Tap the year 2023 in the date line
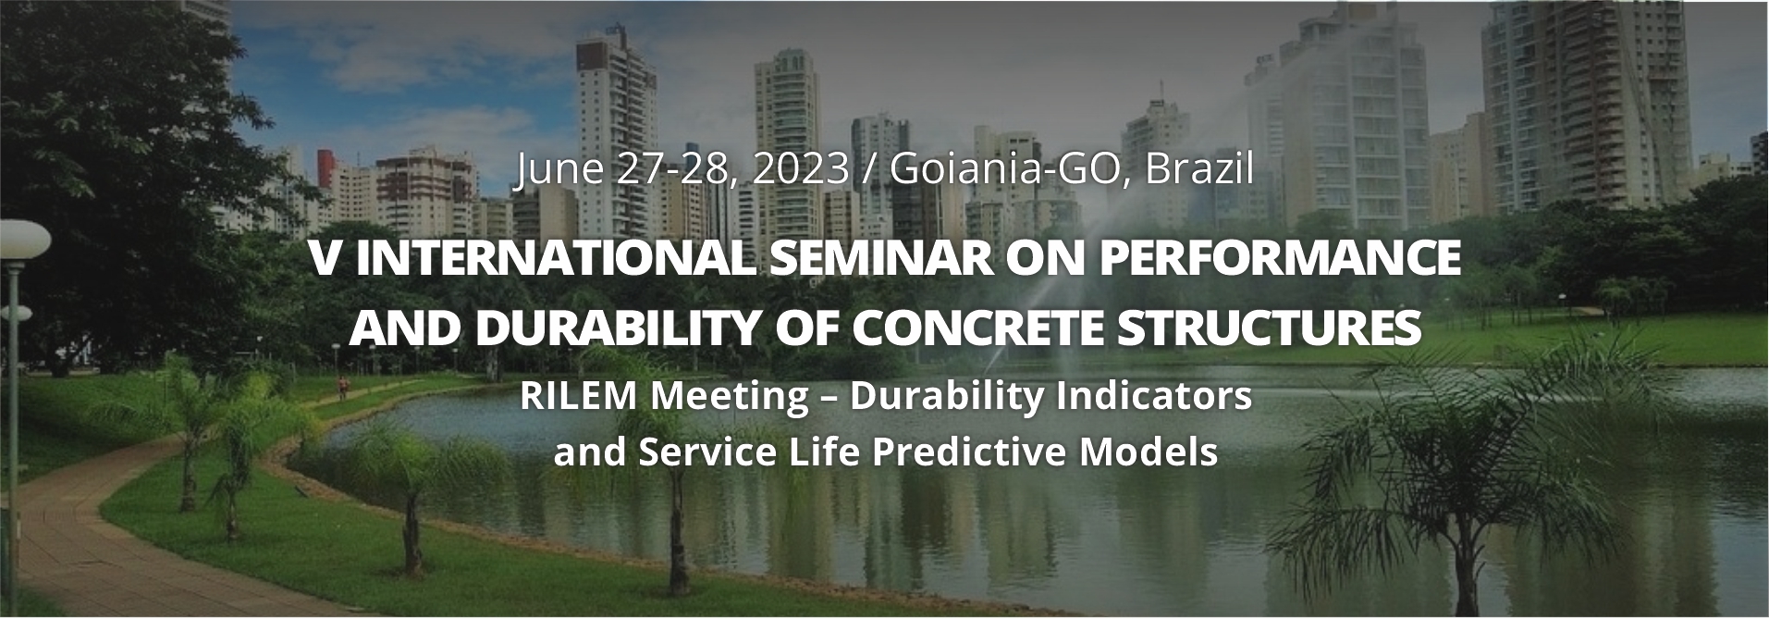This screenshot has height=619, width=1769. click(x=801, y=170)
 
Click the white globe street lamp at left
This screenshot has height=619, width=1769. click(x=22, y=239)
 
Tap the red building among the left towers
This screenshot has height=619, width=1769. click(x=325, y=168)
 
